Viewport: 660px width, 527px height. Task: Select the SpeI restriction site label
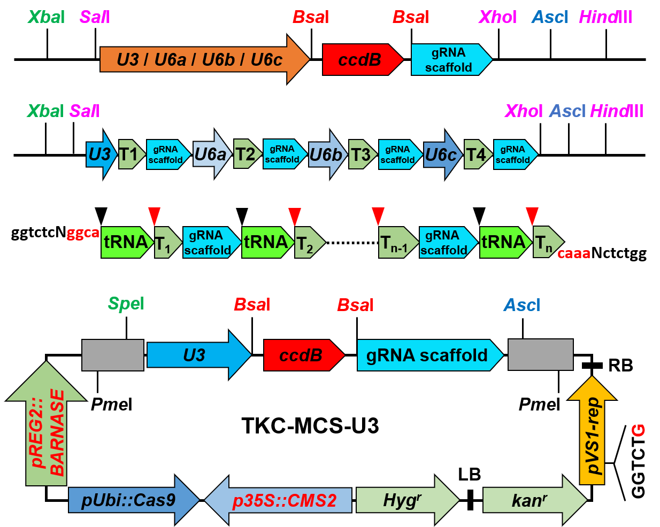126,304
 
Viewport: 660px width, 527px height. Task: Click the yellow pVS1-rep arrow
592,433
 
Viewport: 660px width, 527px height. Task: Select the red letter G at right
639,430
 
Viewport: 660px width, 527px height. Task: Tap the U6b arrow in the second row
327,154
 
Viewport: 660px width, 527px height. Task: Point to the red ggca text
83,233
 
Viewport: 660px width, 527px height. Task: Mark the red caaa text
573,253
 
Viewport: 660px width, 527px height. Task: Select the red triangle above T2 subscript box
295,216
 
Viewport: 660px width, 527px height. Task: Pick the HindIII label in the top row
605,17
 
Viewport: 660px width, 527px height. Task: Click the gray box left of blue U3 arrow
112,355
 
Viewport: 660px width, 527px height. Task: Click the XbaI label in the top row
46,17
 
